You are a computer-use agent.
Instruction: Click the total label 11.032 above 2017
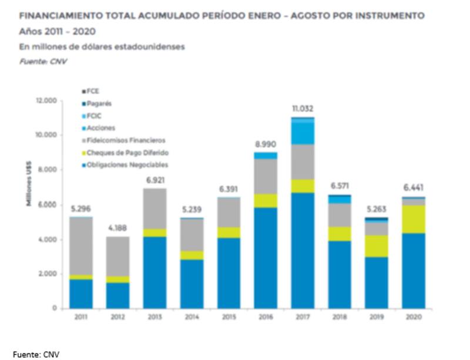coord(303,109)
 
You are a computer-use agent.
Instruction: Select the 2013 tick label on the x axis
coord(154,317)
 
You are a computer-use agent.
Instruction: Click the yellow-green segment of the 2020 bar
coord(414,219)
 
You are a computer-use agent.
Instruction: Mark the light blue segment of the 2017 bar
coord(303,132)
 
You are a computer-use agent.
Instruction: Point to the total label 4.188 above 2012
coord(117,228)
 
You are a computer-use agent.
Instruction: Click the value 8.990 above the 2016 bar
coord(266,144)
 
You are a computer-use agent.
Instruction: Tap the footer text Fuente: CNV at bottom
coord(36,354)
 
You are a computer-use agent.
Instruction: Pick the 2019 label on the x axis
coord(377,317)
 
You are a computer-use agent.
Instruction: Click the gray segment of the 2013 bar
coord(155,208)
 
